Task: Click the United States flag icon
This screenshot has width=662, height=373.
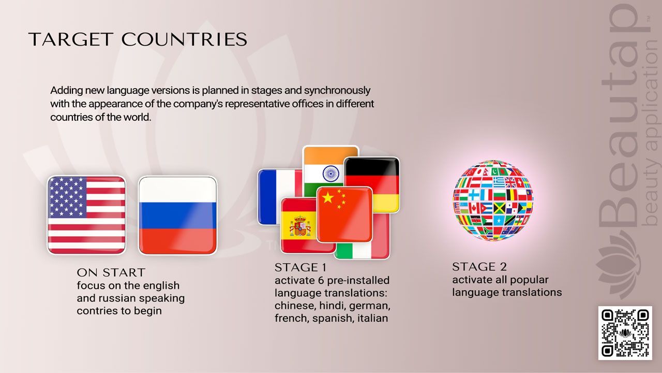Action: (86, 215)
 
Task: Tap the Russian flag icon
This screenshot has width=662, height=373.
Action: (177, 215)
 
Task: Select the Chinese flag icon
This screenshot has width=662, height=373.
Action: (344, 214)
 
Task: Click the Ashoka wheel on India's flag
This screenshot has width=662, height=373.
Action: (330, 174)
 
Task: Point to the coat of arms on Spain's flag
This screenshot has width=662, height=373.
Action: (300, 226)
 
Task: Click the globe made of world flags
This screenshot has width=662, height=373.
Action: (493, 200)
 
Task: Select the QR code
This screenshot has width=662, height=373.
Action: (625, 333)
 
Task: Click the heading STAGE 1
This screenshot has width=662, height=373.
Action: (300, 268)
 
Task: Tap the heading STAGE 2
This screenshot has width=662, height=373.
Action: (479, 267)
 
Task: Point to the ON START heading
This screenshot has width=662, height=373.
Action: (111, 272)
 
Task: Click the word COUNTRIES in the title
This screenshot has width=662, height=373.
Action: (184, 39)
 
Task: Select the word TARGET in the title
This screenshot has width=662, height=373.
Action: (71, 39)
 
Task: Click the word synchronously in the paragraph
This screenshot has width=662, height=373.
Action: (337, 91)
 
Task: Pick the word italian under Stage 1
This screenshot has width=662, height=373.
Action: (373, 318)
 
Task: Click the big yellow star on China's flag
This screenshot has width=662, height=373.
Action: (328, 197)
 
